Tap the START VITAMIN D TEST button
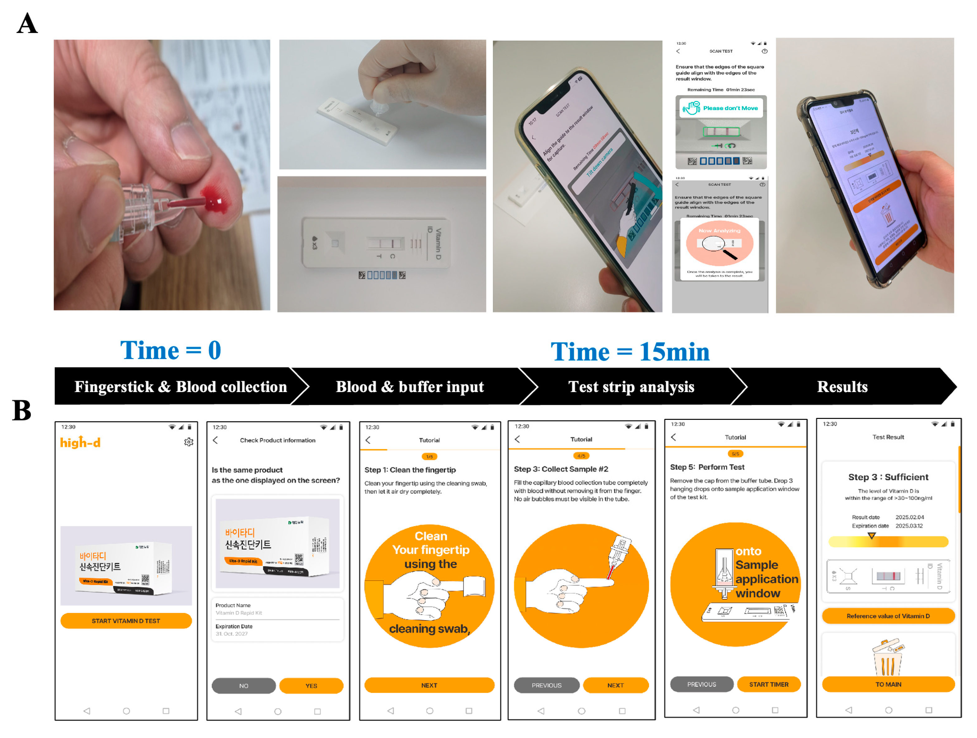click(126, 621)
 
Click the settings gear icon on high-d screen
click(189, 442)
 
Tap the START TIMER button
click(769, 684)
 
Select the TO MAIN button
click(888, 684)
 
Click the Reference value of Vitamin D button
click(888, 616)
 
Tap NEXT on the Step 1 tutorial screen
click(429, 685)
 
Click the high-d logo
click(80, 442)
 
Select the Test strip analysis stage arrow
click(632, 387)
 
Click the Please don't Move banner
click(721, 108)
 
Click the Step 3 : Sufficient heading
click(888, 477)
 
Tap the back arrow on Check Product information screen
click(216, 440)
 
